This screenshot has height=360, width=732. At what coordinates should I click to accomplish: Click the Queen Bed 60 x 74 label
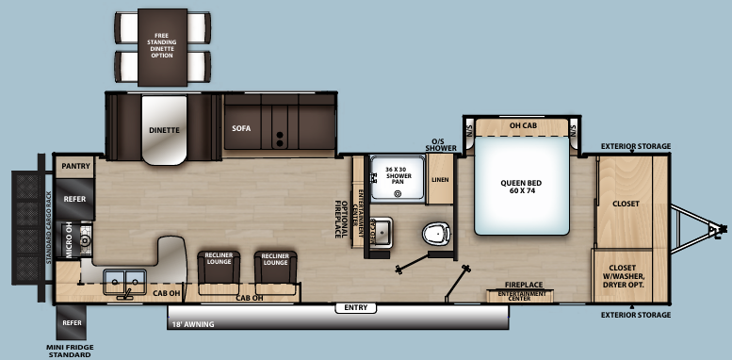point(524,186)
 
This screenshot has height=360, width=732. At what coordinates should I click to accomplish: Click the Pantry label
point(74,166)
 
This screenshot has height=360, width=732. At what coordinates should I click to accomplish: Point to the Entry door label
point(356,307)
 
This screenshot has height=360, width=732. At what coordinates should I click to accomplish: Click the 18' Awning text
point(192,324)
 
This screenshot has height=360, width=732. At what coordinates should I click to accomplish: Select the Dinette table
point(164,132)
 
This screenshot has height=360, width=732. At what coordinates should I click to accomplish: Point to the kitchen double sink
point(124,280)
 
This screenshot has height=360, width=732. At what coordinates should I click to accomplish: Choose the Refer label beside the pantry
point(74,200)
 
